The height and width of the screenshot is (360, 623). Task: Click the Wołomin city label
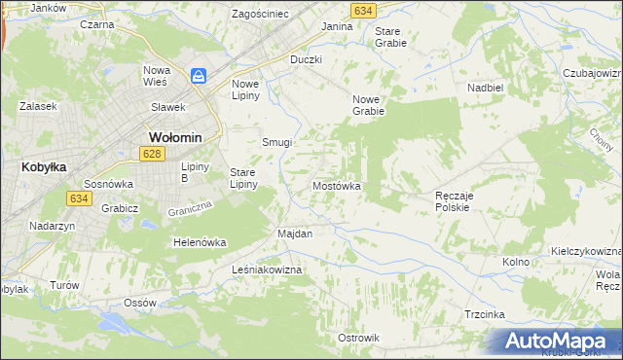coord(174,137)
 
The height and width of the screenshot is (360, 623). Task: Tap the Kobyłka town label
coord(43,166)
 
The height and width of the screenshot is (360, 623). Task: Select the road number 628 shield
coord(150,154)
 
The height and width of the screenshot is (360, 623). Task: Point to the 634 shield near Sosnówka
coord(79,198)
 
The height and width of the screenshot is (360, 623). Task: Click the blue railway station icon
coord(199,75)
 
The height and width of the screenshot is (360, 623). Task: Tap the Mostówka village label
coord(337,185)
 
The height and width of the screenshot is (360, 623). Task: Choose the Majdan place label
coord(295,234)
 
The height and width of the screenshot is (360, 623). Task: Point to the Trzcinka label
coord(484,313)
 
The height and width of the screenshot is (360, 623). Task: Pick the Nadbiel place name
coord(484,87)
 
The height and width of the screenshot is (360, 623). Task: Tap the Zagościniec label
coord(260,15)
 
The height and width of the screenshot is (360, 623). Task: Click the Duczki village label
coord(306,59)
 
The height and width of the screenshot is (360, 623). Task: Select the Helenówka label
coord(200,242)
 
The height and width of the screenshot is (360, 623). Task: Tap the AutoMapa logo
coord(555,341)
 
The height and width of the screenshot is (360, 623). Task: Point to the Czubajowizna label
coord(592,73)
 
